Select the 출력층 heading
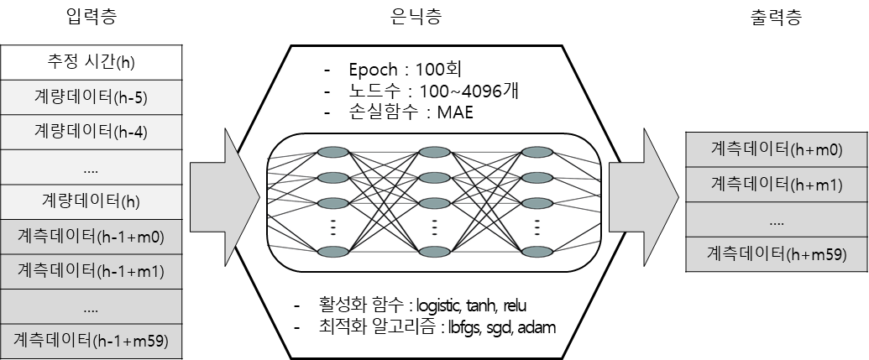(776, 16)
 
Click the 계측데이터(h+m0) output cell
(776, 149)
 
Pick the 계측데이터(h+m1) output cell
(776, 184)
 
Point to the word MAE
(455, 112)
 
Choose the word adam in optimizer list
(535, 326)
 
